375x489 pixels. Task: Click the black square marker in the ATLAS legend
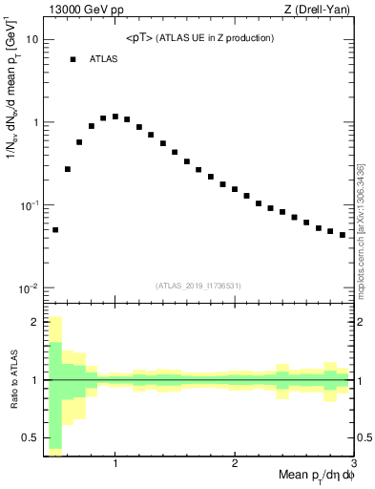pyautogui.click(x=73, y=59)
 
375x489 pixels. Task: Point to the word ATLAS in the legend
pyautogui.click(x=105, y=59)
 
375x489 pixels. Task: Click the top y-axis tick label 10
pyautogui.click(x=31, y=40)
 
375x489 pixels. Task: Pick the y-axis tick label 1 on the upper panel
pyautogui.click(x=34, y=123)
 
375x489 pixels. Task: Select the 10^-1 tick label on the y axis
pyautogui.click(x=29, y=205)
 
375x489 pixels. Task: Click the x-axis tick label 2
pyautogui.click(x=235, y=464)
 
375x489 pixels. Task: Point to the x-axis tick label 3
pyautogui.click(x=353, y=464)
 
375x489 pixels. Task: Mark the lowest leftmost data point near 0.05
pyautogui.click(x=55, y=230)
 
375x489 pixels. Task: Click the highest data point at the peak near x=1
pyautogui.click(x=115, y=117)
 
